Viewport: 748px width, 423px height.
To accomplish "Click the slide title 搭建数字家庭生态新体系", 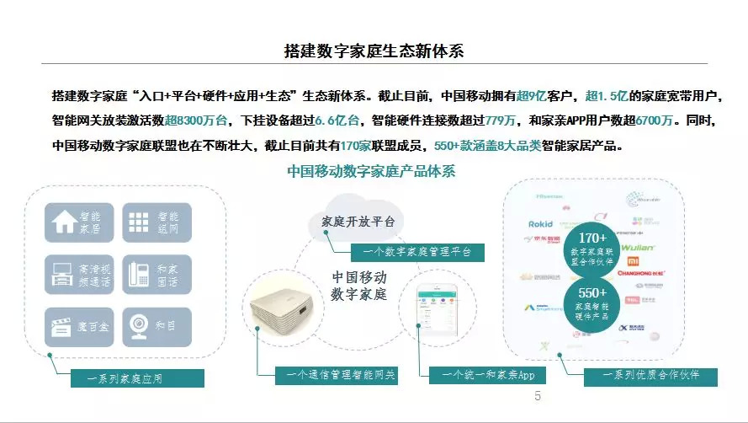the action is [x=374, y=51].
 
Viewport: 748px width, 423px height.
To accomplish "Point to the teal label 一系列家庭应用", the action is [x=125, y=378].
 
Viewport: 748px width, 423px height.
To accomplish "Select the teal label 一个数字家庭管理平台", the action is [x=411, y=251].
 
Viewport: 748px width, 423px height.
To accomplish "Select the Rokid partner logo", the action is [x=540, y=224].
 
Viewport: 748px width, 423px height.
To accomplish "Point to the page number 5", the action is [x=538, y=397].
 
